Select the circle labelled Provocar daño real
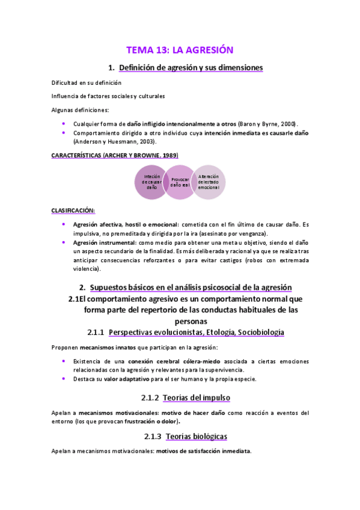point(180,182)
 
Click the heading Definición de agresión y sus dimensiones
point(191,68)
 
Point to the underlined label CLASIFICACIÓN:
point(73,210)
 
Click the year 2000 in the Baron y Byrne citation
point(289,123)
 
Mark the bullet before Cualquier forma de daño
point(64,123)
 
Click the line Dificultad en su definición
point(86,82)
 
